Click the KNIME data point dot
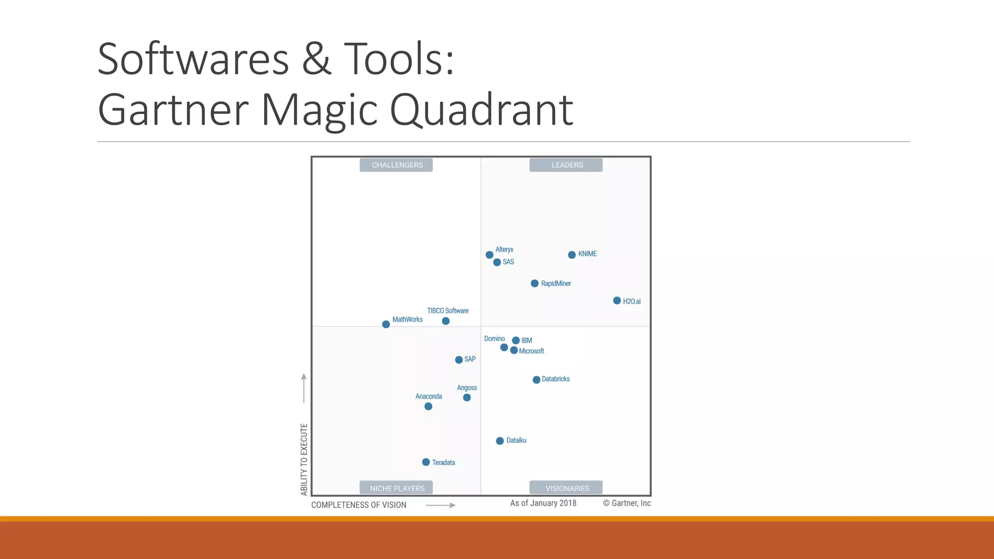point(572,255)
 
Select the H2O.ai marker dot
point(617,301)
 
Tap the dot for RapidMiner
point(534,283)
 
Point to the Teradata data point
point(426,462)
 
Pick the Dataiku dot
point(500,441)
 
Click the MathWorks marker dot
point(386,324)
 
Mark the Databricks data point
point(536,379)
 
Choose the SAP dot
point(459,360)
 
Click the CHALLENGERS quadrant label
point(397,165)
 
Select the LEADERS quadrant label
point(566,165)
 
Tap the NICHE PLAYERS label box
point(397,488)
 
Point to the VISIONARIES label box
point(566,488)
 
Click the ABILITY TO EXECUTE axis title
point(304,459)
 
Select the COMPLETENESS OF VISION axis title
point(359,505)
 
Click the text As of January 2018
point(543,503)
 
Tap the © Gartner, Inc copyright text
point(627,503)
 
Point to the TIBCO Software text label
point(447,311)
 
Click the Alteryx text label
point(504,249)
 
